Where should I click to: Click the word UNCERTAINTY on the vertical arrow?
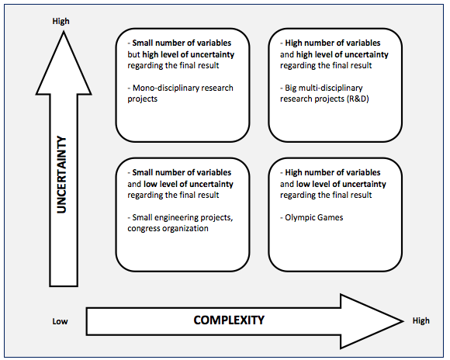(x=62, y=175)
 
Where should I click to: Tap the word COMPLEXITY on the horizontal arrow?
(x=229, y=320)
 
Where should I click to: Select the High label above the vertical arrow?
(x=61, y=21)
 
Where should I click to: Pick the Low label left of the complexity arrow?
(x=60, y=321)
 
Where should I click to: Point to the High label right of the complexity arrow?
(x=421, y=320)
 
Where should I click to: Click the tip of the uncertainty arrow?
(x=64, y=32)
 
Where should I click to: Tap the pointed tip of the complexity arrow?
(x=403, y=321)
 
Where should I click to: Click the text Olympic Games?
(x=314, y=217)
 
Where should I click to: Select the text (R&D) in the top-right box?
(x=358, y=99)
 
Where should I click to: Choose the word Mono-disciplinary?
(x=165, y=88)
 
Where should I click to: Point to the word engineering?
(x=176, y=218)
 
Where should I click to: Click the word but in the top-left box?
(x=133, y=54)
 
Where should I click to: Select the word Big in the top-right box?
(x=290, y=88)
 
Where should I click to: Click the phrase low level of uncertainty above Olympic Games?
(x=341, y=184)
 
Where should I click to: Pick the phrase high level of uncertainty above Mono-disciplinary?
(x=189, y=54)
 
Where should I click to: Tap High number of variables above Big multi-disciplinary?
(x=333, y=43)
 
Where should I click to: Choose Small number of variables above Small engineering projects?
(x=182, y=172)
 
